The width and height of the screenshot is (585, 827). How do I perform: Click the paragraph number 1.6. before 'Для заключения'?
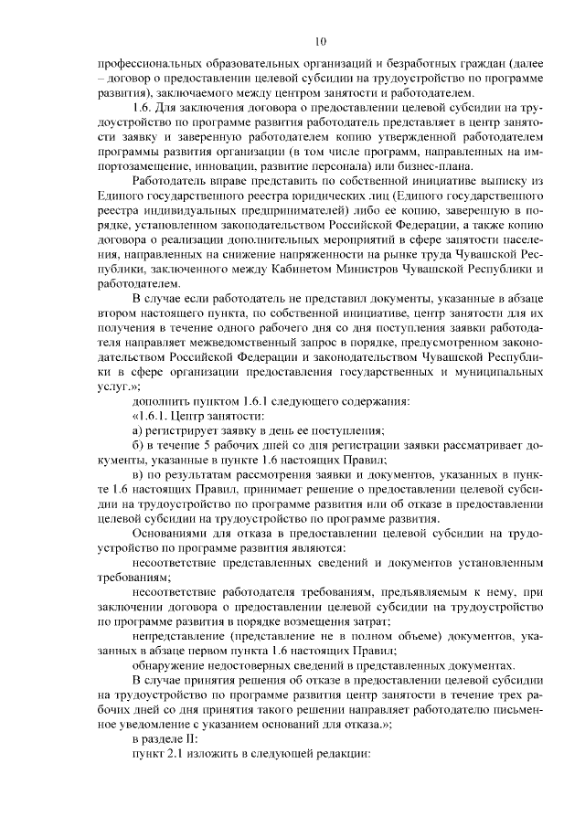click(x=144, y=109)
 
